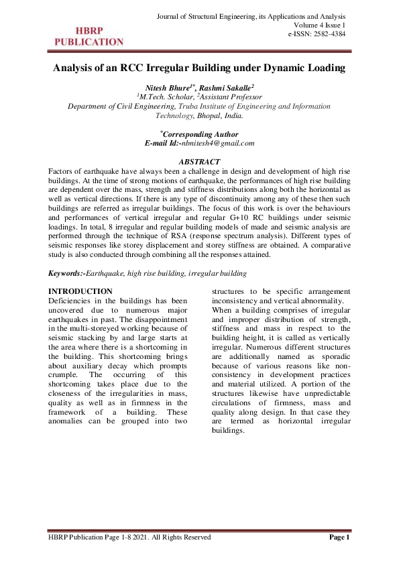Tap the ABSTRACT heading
(199, 162)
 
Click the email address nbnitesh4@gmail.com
(223, 143)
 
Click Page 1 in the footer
(339, 537)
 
